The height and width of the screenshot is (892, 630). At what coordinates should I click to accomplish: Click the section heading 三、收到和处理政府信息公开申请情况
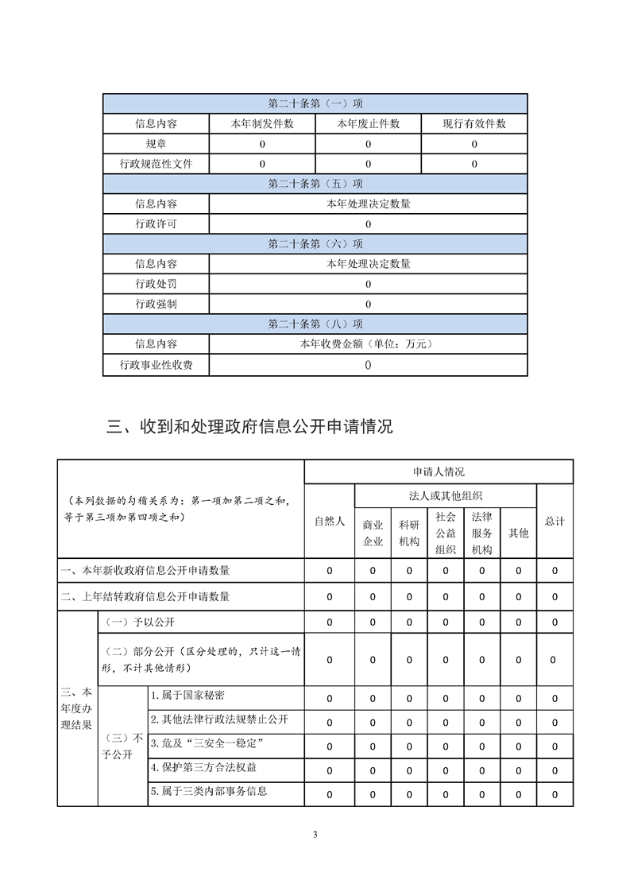click(249, 427)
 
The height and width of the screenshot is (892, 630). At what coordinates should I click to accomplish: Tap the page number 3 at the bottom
click(315, 834)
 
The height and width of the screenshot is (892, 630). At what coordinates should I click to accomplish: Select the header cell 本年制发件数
click(262, 124)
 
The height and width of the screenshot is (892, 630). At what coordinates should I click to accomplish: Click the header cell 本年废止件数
click(368, 124)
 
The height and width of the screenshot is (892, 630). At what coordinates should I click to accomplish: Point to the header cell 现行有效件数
click(474, 124)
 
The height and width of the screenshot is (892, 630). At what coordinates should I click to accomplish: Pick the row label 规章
click(156, 144)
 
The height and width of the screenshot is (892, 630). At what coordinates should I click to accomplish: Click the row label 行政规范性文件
click(156, 164)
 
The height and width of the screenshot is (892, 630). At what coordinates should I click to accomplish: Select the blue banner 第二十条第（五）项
click(315, 184)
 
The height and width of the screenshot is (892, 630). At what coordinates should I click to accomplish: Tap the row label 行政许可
click(156, 224)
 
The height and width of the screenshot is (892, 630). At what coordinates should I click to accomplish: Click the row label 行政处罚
click(156, 284)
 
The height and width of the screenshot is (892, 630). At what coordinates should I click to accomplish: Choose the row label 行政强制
click(156, 304)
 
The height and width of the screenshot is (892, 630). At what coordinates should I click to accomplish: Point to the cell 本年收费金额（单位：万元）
click(368, 344)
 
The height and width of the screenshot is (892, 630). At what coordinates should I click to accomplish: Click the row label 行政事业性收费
click(156, 365)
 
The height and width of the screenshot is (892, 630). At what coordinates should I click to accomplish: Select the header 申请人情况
click(439, 471)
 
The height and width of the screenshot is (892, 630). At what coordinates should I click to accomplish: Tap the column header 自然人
click(330, 522)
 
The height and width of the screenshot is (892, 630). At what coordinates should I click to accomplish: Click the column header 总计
click(555, 522)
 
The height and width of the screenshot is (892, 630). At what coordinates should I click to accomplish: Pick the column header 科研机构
click(409, 533)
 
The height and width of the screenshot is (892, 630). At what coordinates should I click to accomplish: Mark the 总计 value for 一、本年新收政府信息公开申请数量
click(555, 571)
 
